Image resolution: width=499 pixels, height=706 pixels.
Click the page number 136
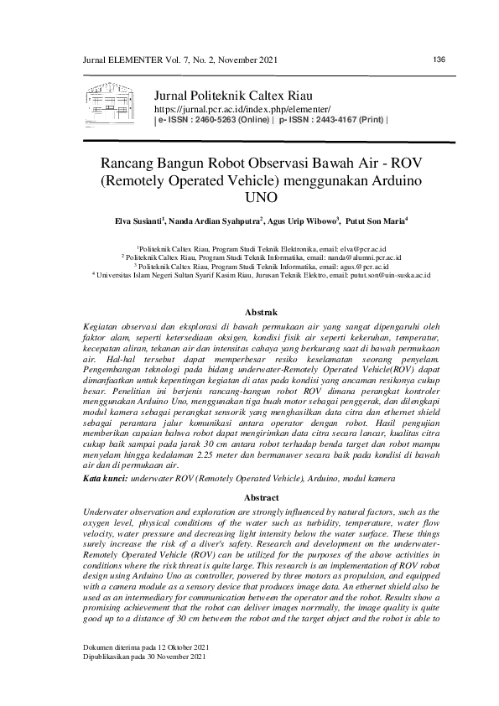pos(438,59)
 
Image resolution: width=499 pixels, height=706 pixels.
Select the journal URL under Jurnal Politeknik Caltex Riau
pos(242,110)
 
